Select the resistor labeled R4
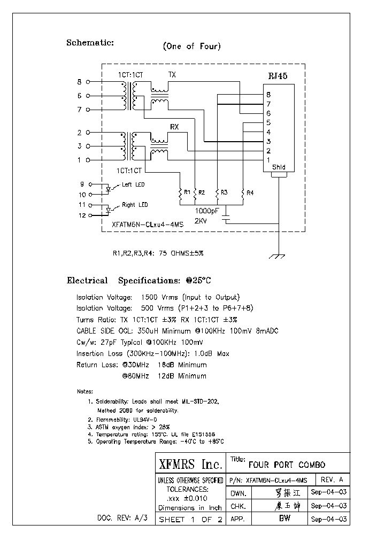tap(243, 194)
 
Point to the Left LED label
tap(133, 185)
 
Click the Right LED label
tap(135, 205)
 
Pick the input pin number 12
tap(82, 215)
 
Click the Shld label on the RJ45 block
tap(278, 167)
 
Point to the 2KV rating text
tap(201, 220)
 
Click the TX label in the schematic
tap(172, 75)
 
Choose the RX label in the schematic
tap(174, 127)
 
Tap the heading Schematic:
tap(90, 43)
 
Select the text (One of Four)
tap(191, 47)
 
